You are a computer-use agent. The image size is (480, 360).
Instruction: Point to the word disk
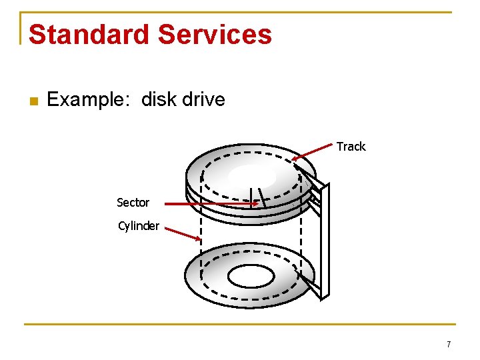point(158,100)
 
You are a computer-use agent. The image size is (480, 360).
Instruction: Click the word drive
point(203,100)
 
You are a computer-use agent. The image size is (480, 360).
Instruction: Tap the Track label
point(351,147)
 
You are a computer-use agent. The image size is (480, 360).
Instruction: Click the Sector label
point(133,202)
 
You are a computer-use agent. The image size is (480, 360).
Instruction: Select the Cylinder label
point(139,226)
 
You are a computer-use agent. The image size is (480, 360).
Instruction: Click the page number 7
point(449,344)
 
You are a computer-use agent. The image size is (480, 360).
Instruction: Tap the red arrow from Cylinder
point(183,233)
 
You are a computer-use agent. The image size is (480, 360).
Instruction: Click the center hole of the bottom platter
point(251,275)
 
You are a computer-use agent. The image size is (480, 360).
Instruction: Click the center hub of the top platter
point(251,176)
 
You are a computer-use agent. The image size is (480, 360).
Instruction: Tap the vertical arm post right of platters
point(325,240)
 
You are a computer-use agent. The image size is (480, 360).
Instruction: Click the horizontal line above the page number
point(240,325)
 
